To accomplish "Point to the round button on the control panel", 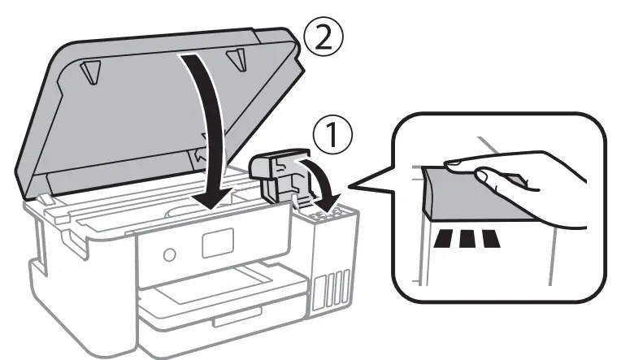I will [x=168, y=255].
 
